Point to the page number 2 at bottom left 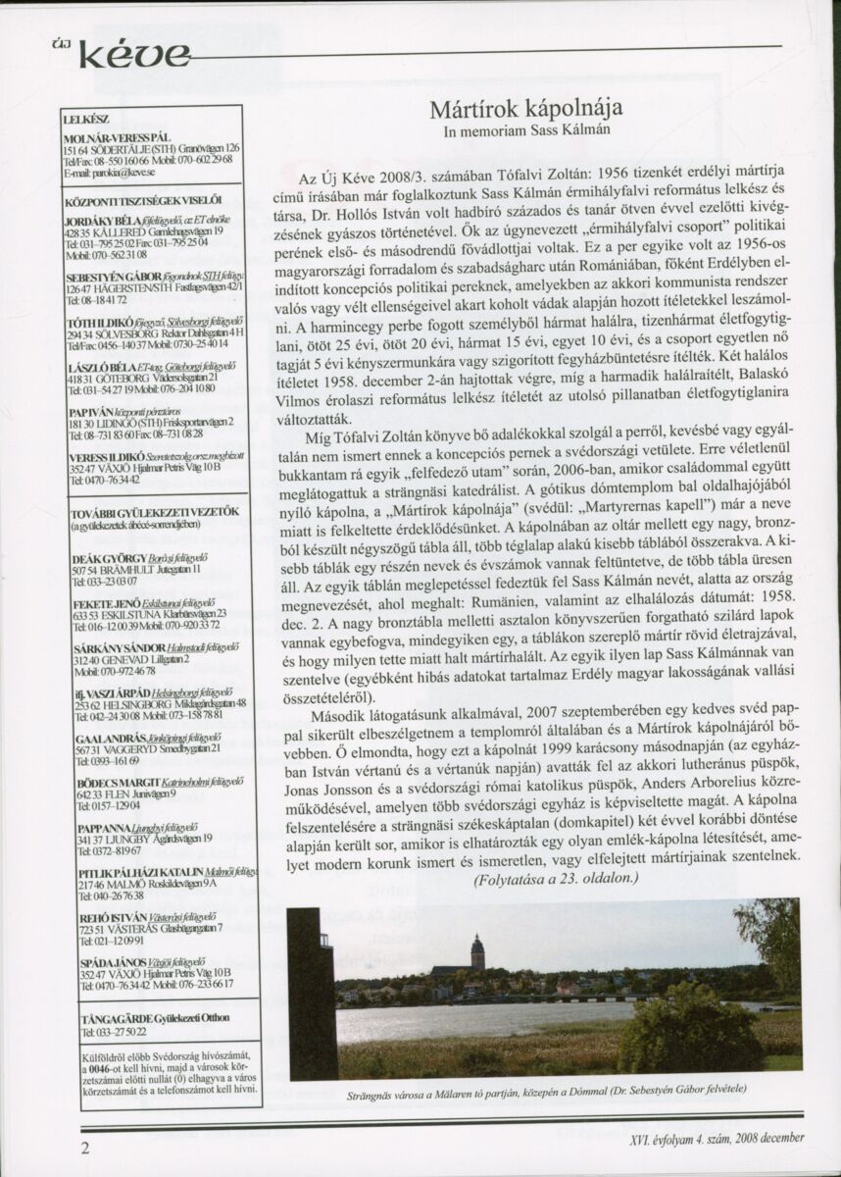85,1147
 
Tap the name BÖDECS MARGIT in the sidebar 99,782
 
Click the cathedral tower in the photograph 477,950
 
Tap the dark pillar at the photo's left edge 311,991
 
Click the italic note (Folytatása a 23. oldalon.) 556,879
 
